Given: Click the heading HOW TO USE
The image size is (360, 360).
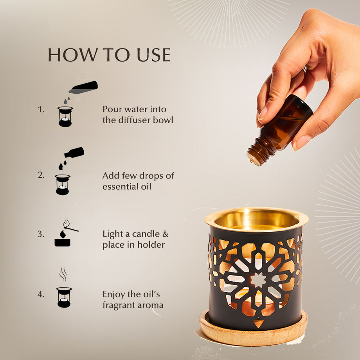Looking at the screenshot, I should coord(109,55).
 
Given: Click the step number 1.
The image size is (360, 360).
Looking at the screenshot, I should coord(41,110).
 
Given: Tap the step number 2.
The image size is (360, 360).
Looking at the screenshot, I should coord(41,175).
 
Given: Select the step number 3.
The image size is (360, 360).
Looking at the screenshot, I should coord(41,234).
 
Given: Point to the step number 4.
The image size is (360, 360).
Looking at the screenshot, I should coord(41,294).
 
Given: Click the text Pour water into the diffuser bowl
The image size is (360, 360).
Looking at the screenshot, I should coord(138,114).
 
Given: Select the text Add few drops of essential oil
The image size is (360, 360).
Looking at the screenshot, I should coord(138,181).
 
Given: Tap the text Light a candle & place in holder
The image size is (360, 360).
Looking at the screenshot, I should coord(135,239).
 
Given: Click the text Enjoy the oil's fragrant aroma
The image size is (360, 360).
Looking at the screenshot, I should coord(133,299).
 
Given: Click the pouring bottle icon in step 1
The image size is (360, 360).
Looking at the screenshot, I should coord(84,86).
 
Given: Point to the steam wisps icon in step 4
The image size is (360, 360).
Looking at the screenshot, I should coord(63,274).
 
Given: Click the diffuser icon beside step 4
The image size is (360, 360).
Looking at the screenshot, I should coord(64,297).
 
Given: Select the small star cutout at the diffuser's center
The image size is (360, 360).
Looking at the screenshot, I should coord(258,280).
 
